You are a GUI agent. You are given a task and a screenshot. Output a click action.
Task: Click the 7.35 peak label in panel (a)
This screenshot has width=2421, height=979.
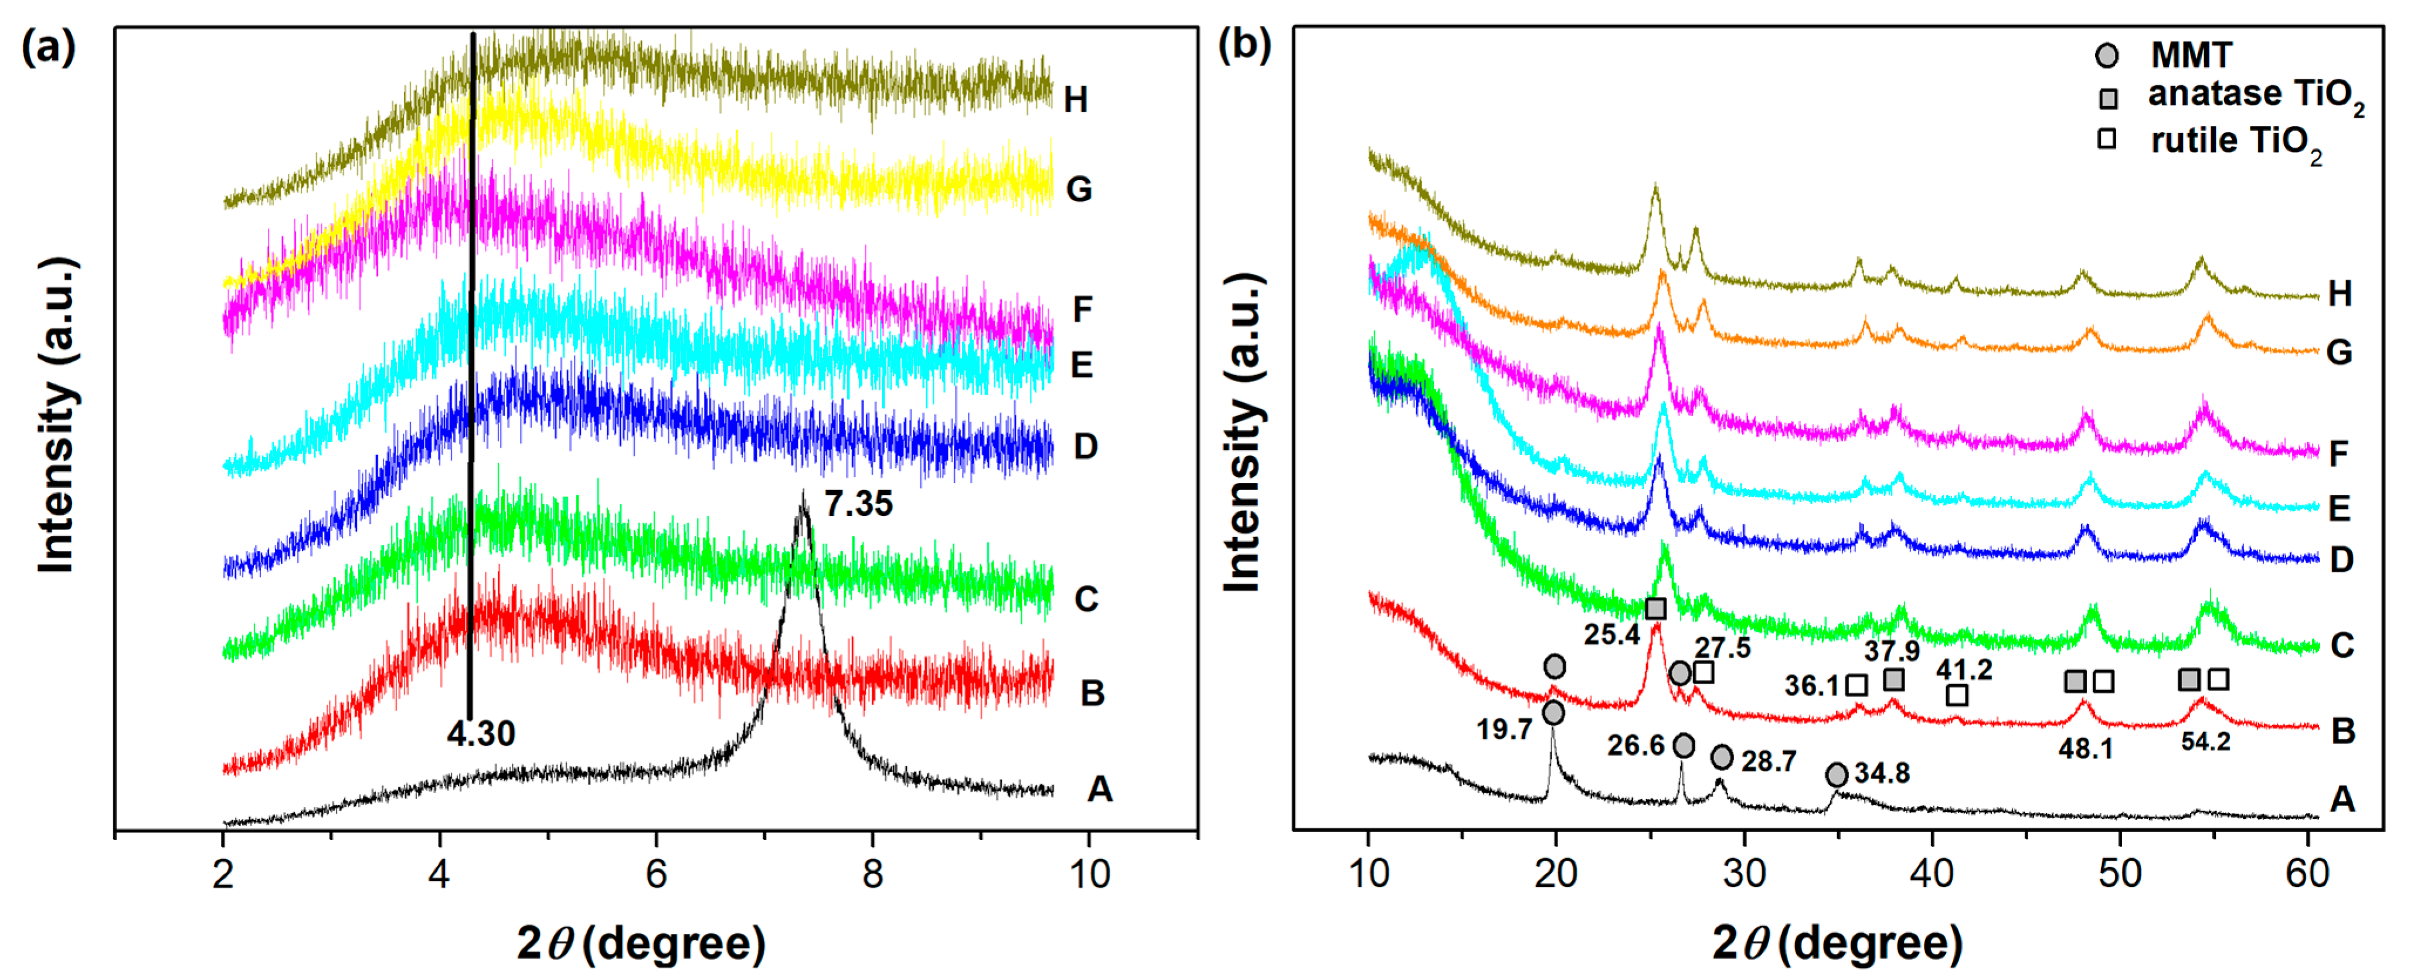pos(858,505)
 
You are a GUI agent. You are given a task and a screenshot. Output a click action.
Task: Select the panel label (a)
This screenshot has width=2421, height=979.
pos(48,46)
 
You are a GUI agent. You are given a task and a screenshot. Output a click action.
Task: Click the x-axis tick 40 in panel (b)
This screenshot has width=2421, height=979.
pos(1932,873)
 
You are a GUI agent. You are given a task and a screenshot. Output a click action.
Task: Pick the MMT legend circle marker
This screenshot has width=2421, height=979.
pos(2107,56)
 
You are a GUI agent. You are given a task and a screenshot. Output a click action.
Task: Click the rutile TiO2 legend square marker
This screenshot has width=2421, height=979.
pos(2107,139)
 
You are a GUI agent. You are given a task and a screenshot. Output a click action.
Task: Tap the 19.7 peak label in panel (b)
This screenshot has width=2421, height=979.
pos(1504,729)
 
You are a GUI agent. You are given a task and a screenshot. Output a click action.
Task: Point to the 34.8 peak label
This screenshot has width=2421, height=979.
pos(1882,773)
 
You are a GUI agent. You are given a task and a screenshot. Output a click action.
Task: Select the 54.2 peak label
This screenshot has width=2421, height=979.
pos(2205,742)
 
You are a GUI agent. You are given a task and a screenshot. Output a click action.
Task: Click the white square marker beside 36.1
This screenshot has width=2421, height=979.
pos(1855,685)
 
